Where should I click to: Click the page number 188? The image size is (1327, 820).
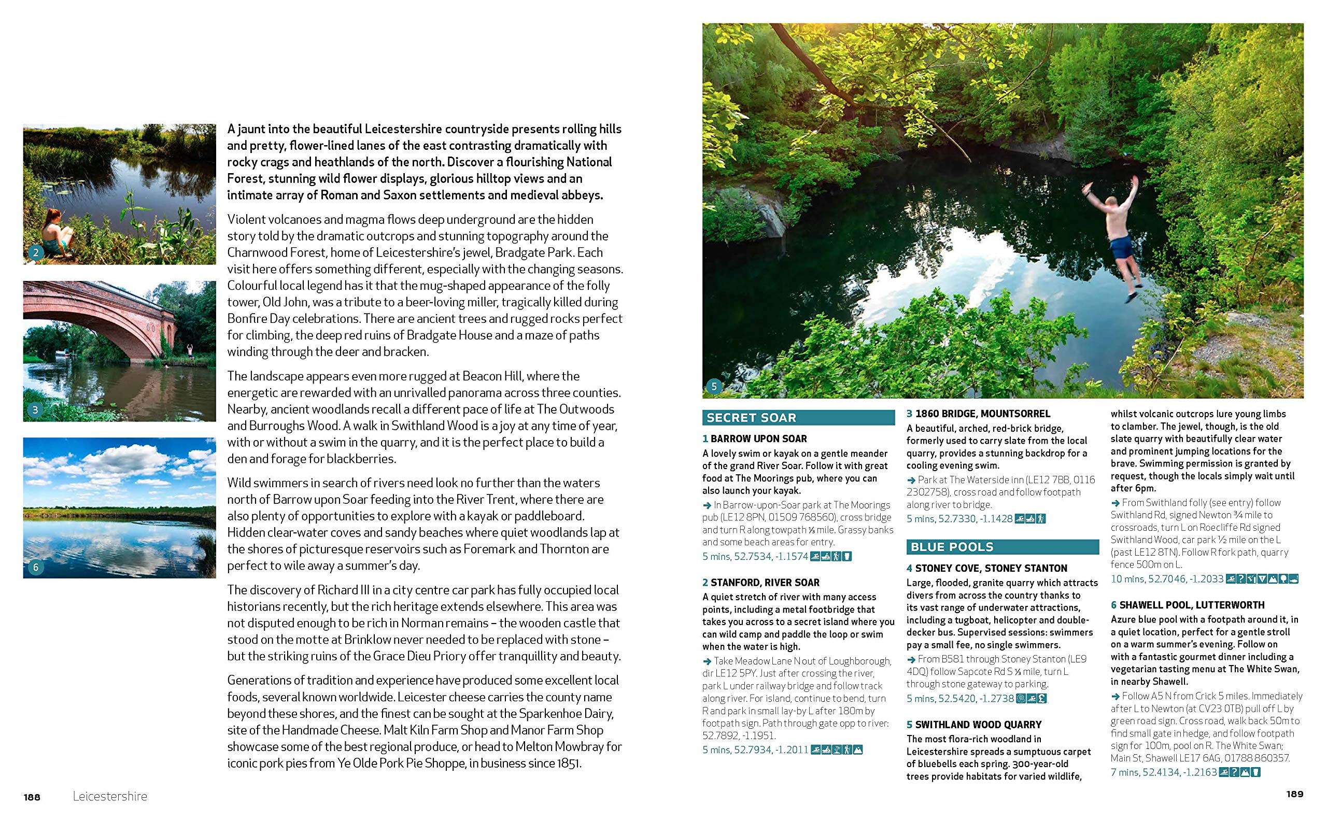pos(32,797)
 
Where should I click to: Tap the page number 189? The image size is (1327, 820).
pos(1295,794)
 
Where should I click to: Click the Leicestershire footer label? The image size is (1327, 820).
pos(110,797)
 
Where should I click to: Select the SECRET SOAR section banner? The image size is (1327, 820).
pos(798,418)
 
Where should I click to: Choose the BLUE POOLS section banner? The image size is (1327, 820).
pos(1002,547)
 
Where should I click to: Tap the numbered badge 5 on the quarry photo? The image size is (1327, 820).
pos(714,387)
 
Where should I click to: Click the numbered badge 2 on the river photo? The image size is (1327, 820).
pos(36,252)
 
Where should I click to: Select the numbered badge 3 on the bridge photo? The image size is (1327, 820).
pos(36,409)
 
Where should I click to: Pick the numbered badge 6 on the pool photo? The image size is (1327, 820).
pos(36,567)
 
